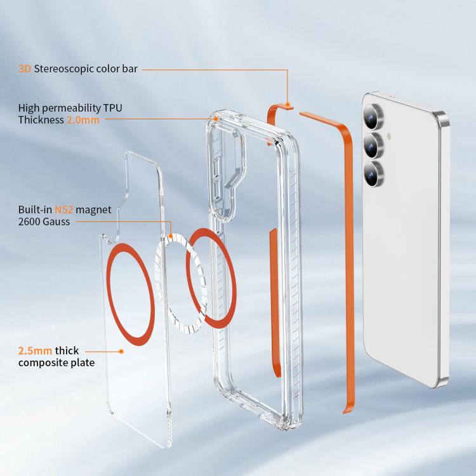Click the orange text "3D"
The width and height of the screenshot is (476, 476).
pyautogui.click(x=25, y=69)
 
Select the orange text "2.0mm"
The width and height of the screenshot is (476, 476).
pyautogui.click(x=83, y=120)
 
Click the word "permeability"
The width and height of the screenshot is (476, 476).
pyautogui.click(x=71, y=109)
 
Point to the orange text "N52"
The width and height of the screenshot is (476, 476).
pyautogui.click(x=63, y=210)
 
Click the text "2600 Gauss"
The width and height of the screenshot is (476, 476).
pyautogui.click(x=44, y=221)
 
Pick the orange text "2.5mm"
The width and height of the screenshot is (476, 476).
pyautogui.click(x=35, y=351)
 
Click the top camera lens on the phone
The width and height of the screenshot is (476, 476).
pyautogui.click(x=373, y=117)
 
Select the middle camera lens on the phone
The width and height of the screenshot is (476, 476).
pyautogui.click(x=374, y=145)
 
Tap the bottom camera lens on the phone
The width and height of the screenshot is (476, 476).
pyautogui.click(x=374, y=174)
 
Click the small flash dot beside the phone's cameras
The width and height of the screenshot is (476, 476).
pyautogui.click(x=389, y=136)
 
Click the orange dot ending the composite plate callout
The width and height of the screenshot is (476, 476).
pyautogui.click(x=121, y=351)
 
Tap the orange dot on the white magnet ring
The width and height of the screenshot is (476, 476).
pyautogui.click(x=171, y=235)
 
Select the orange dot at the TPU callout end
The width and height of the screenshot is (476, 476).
pyautogui.click(x=216, y=119)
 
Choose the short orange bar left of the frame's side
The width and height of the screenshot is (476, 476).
pyautogui.click(x=274, y=303)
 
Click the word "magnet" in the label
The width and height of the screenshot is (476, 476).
pyautogui.click(x=93, y=210)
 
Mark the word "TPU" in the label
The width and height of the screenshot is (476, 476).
pyautogui.click(x=112, y=108)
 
